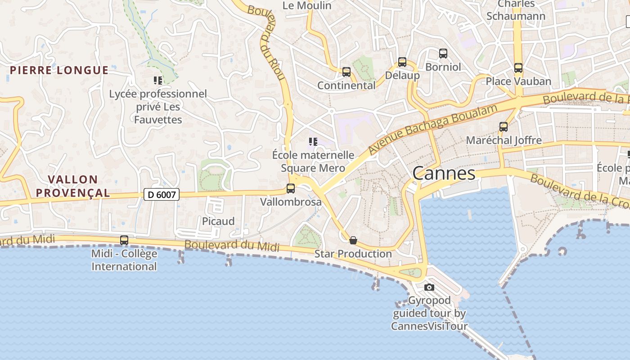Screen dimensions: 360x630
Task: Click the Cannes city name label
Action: (444, 173)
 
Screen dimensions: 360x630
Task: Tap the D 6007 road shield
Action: (162, 194)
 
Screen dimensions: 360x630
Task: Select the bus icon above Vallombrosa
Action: (291, 189)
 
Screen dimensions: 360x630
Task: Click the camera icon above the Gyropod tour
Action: (429, 287)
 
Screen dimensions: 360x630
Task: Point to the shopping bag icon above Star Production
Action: (353, 240)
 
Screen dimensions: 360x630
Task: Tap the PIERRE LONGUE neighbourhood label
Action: (59, 70)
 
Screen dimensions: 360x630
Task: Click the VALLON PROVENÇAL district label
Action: (73, 186)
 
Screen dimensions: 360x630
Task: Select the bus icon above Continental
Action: (346, 72)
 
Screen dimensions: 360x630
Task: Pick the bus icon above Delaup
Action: (402, 62)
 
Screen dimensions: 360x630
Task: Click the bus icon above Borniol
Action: (443, 54)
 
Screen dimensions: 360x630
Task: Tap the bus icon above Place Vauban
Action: (518, 68)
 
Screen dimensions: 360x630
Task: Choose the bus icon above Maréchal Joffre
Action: (503, 127)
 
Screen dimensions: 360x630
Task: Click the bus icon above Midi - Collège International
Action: (124, 240)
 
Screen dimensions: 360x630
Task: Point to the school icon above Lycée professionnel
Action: (157, 81)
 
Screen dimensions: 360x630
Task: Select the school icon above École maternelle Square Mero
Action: (313, 142)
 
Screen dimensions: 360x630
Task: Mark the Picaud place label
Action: (218, 221)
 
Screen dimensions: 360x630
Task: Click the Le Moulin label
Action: (307, 5)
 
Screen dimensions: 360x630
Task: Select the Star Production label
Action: (353, 254)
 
